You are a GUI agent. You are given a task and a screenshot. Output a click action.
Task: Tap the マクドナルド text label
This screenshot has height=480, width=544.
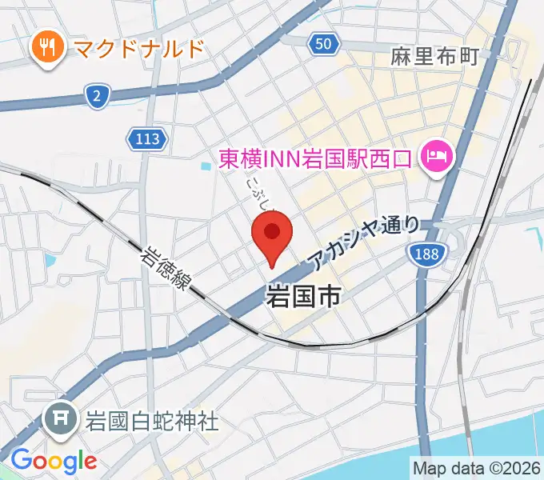pyautogui.click(x=137, y=50)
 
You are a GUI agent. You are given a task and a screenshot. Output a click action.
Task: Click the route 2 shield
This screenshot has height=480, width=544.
pyautogui.click(x=96, y=98)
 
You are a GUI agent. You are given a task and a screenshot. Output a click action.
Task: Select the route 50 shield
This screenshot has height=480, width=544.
pyautogui.click(x=322, y=46)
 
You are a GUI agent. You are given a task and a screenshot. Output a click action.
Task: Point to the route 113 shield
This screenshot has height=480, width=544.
pyautogui.click(x=147, y=140)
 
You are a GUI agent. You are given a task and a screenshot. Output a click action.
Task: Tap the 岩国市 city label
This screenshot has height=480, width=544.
pyautogui.click(x=302, y=296)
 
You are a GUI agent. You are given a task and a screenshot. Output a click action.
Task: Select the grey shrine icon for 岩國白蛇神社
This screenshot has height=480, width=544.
pyautogui.click(x=61, y=421)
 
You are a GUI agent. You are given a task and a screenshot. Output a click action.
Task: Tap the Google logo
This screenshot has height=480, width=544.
pyautogui.click(x=54, y=460)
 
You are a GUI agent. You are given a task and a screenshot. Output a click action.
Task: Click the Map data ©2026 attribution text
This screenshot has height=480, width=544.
pyautogui.click(x=476, y=468)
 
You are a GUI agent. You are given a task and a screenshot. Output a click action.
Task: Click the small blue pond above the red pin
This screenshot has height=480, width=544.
pyautogui.click(x=207, y=167)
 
